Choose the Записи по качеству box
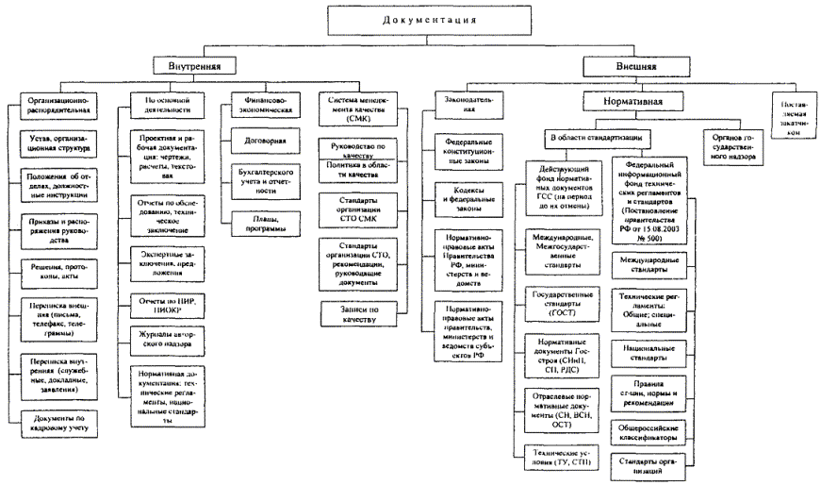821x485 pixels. coord(354,313)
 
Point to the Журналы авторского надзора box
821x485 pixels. coord(159,340)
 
